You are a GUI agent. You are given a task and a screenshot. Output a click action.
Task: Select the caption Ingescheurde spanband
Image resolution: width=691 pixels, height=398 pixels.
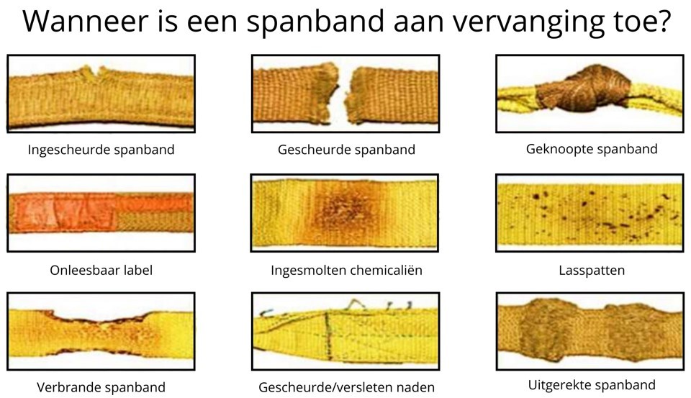pos(101,150)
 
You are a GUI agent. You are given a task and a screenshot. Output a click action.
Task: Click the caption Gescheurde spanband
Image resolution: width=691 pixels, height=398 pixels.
pos(346,150)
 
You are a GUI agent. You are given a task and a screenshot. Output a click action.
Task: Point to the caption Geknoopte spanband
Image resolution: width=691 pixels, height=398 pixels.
pos(592,149)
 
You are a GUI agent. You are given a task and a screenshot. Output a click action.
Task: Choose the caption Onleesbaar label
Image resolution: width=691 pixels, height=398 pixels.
pos(101,270)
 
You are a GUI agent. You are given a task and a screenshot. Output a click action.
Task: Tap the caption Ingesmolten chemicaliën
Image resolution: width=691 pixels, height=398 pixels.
pos(346,270)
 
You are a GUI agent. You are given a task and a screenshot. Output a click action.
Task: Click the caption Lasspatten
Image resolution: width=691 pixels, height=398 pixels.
pos(592,270)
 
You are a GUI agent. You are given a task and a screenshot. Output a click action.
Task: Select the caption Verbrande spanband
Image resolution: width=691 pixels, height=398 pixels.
pos(101,387)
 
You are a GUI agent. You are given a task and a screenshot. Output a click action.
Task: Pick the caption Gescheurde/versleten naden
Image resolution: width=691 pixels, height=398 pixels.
pos(346,387)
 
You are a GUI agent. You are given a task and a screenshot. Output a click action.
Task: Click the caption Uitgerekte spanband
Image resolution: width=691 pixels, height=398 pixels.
pos(592,385)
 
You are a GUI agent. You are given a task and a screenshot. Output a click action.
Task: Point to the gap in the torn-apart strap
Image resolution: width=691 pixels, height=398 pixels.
pos(342,95)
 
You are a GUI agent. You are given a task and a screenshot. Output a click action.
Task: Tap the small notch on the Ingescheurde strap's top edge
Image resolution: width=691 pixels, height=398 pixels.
pos(94,73)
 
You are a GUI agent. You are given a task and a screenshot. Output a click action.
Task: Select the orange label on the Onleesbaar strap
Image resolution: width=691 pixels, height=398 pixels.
pos(64,212)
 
